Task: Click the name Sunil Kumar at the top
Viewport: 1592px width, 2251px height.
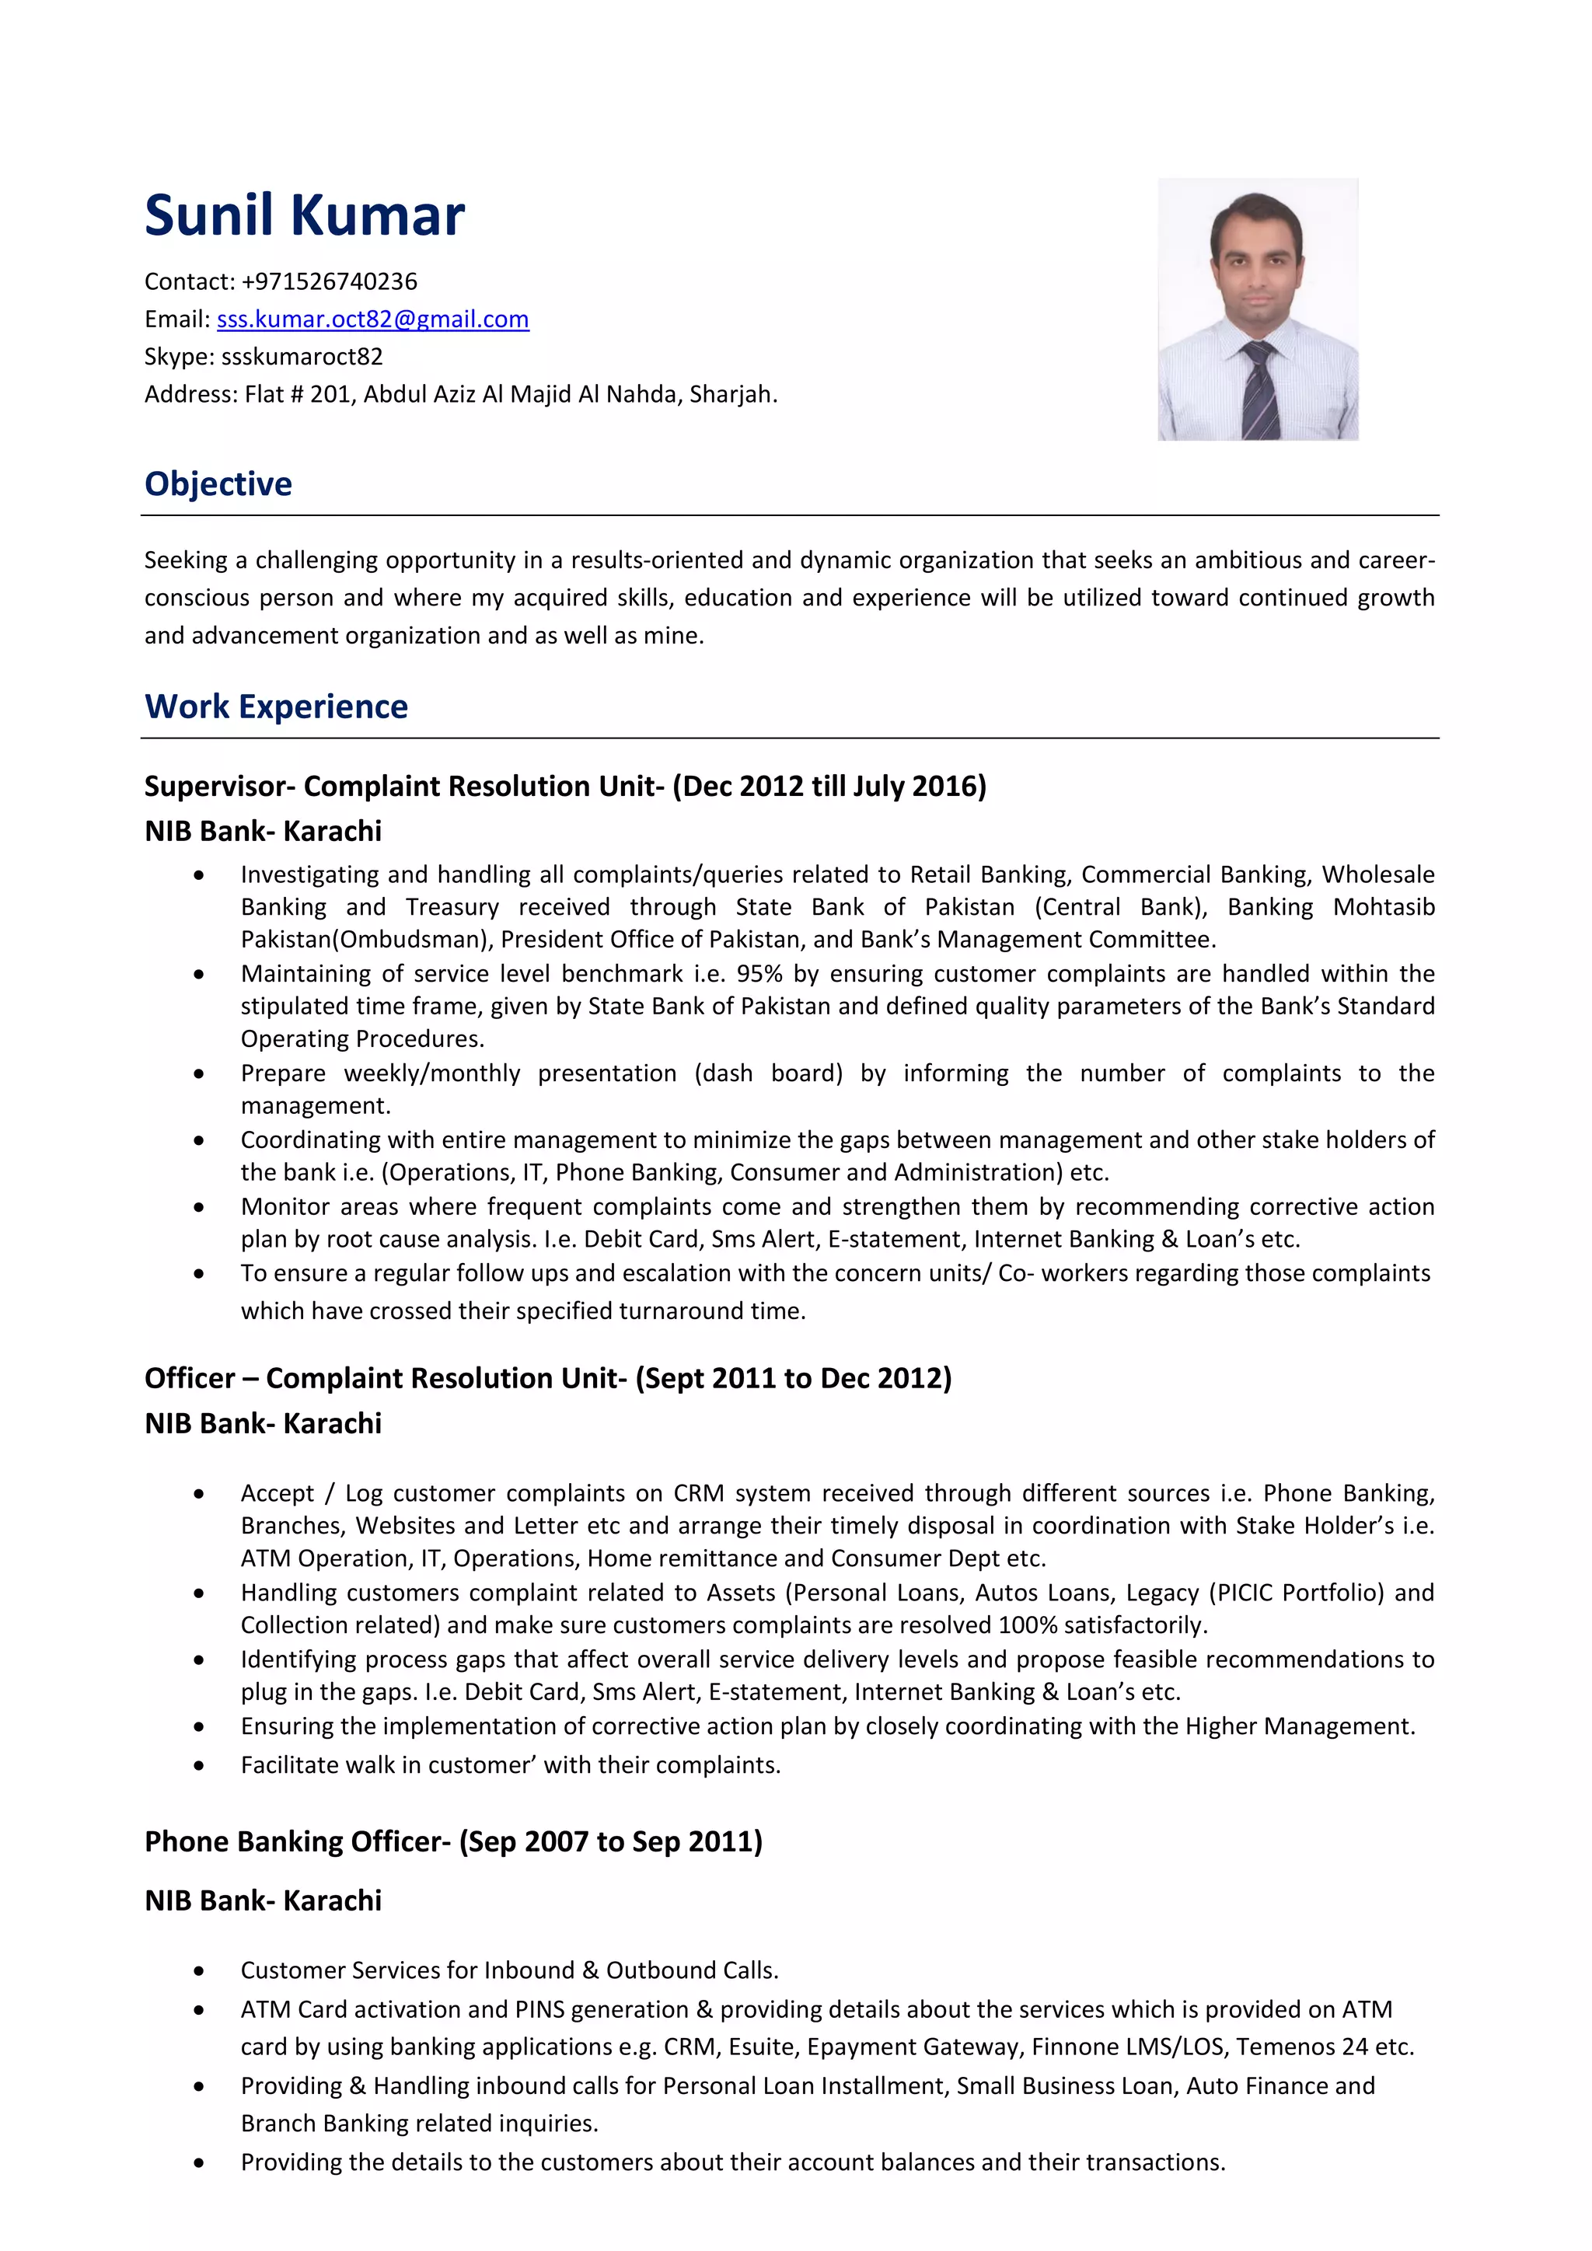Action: (304, 215)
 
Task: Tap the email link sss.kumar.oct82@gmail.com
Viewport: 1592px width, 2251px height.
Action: (372, 319)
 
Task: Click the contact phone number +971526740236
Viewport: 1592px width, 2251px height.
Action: (330, 282)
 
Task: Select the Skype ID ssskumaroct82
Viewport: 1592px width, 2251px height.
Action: (302, 357)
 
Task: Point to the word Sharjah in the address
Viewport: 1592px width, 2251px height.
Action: (731, 394)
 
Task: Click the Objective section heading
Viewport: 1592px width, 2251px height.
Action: (218, 484)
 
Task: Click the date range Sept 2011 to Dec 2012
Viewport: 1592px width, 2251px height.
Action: (793, 1378)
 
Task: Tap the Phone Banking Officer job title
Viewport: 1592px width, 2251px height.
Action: (292, 1841)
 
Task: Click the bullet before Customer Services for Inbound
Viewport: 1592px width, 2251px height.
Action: (199, 1970)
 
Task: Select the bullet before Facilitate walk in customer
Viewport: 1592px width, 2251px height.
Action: (199, 1766)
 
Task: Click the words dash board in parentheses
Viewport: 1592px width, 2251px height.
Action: (769, 1073)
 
